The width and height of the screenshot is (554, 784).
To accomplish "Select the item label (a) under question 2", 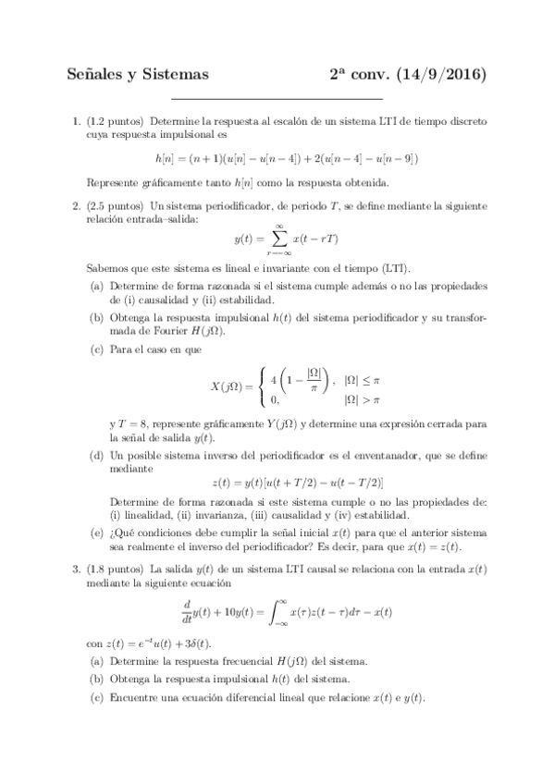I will click(97, 288).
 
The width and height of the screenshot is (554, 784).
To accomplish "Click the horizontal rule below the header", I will click(277, 99).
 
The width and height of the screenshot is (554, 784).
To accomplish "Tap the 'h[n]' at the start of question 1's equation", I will click(166, 158).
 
